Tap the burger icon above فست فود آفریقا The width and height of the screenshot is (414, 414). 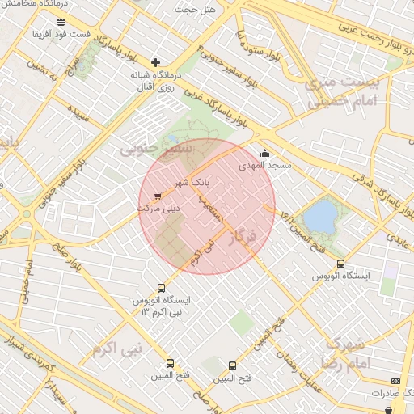coord(61,22)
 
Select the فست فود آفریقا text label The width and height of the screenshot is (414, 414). coord(61,35)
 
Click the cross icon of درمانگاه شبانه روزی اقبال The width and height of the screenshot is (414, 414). coord(156,61)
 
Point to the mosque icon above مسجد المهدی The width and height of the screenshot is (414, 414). coord(264,153)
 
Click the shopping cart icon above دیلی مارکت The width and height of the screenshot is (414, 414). coord(157,195)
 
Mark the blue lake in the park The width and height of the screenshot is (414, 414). coord(322,216)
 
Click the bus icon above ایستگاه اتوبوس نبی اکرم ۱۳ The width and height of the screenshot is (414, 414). coord(161,288)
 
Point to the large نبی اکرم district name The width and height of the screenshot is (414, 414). coord(117,349)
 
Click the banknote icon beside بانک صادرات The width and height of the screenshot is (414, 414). coord(395,380)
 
